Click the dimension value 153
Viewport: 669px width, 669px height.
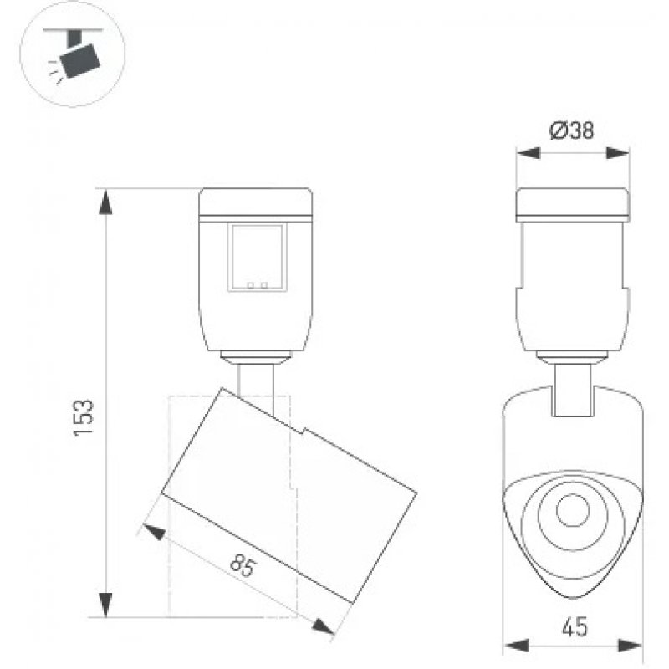click(x=84, y=416)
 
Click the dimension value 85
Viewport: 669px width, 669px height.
click(x=243, y=566)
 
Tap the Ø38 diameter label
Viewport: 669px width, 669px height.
click(x=571, y=130)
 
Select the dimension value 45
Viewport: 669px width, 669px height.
click(x=575, y=627)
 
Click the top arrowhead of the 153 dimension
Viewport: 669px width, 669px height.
click(x=105, y=202)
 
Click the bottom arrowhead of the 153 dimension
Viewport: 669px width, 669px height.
click(x=105, y=605)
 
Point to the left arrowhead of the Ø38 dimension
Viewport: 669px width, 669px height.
click(x=529, y=153)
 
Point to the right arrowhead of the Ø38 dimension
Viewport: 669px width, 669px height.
click(x=617, y=153)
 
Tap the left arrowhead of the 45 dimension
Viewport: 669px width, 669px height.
click(x=516, y=646)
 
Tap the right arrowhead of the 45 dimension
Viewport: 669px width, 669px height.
click(x=630, y=646)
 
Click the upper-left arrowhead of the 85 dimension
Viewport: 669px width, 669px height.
click(x=155, y=531)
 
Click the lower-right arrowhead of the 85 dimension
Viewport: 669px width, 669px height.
click(x=323, y=626)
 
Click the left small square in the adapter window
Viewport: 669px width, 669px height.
click(x=250, y=285)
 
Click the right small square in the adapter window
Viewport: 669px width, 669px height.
click(x=264, y=285)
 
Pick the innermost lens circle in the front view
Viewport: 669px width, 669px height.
click(x=573, y=510)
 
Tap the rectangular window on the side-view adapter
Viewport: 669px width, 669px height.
click(x=258, y=258)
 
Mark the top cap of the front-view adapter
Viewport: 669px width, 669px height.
click(x=573, y=205)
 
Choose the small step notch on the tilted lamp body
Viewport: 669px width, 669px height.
click(x=304, y=431)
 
